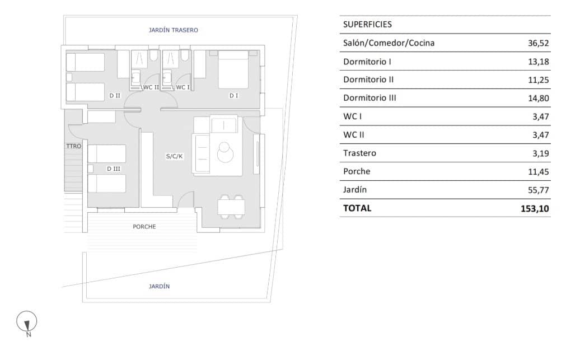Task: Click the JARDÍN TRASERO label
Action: tap(173, 30)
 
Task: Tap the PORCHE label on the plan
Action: tap(144, 227)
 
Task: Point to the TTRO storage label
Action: tap(74, 146)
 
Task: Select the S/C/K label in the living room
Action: tap(174, 156)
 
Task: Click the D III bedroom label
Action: tap(114, 169)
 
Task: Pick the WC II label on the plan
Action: tap(151, 87)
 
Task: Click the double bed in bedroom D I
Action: tap(233, 69)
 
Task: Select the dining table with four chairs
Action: tap(231, 207)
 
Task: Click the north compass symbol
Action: tap(27, 321)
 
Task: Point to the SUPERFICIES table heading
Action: tap(367, 24)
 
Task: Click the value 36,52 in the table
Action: tap(538, 43)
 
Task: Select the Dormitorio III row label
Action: tap(369, 98)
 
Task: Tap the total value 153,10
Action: tap(535, 208)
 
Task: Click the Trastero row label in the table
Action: tap(359, 153)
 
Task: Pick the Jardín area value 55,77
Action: tap(538, 190)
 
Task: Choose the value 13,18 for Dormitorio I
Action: tap(538, 62)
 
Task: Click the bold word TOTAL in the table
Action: tap(357, 208)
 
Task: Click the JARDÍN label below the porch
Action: tap(159, 286)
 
